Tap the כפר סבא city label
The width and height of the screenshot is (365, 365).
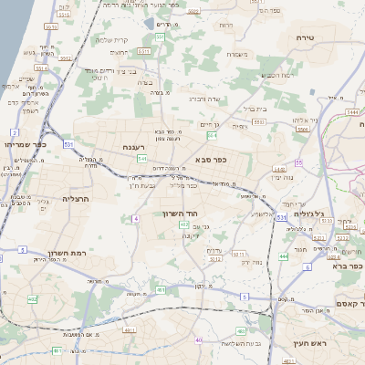point(211,159)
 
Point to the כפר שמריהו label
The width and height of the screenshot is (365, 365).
point(25,144)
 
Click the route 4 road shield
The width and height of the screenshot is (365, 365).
point(135,219)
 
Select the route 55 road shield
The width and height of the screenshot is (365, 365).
point(298,163)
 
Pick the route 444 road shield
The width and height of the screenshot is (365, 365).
point(283,256)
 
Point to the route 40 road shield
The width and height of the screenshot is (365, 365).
point(199,340)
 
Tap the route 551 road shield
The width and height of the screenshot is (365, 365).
point(160,36)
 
